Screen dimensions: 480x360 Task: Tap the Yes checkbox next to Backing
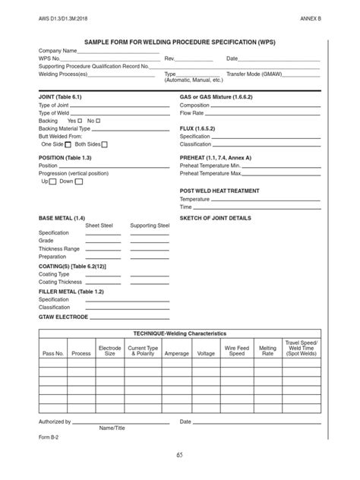pyautogui.click(x=81, y=121)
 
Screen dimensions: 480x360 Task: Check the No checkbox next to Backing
pyautogui.click(x=99, y=121)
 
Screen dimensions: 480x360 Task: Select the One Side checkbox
pyautogui.click(x=68, y=144)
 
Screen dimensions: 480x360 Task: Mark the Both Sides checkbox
pyautogui.click(x=104, y=144)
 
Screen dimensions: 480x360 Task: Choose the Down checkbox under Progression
pyautogui.click(x=79, y=182)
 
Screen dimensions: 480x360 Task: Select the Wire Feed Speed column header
pyautogui.click(x=237, y=350)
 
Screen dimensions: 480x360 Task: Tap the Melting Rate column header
pyautogui.click(x=267, y=350)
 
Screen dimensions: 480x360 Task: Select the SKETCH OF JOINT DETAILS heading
pyautogui.click(x=215, y=217)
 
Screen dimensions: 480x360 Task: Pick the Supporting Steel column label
pyautogui.click(x=150, y=226)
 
